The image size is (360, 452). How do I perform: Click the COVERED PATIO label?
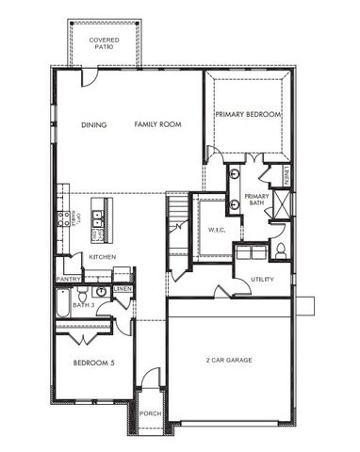(x=104, y=43)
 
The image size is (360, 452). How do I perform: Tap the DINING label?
(x=94, y=124)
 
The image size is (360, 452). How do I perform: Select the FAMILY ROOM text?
(x=157, y=124)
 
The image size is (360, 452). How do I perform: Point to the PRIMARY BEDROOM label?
(x=248, y=114)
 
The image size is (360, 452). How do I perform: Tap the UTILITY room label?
(x=262, y=279)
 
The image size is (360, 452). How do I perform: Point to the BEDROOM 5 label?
(x=93, y=363)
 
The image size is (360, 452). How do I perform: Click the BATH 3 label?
(x=83, y=305)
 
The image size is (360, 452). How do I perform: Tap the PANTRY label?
(x=68, y=279)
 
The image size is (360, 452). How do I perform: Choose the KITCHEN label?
(x=103, y=256)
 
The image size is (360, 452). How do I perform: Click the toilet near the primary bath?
(x=280, y=250)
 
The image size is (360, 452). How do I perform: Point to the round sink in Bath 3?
(x=101, y=293)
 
